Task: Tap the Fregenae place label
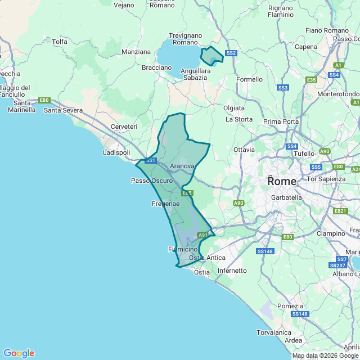click(x=165, y=204)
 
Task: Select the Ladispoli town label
click(x=116, y=152)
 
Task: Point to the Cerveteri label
click(x=124, y=127)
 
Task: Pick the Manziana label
click(x=136, y=52)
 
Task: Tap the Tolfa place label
click(x=60, y=42)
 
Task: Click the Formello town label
click(x=249, y=79)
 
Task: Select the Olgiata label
click(x=234, y=107)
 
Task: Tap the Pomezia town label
click(x=290, y=305)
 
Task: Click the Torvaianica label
click(x=275, y=332)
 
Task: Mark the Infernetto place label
click(x=232, y=271)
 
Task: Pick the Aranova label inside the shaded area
click(x=182, y=166)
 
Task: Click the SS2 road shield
click(x=231, y=53)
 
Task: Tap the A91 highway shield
click(x=202, y=235)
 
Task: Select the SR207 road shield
click(x=337, y=265)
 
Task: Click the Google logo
click(x=19, y=353)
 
